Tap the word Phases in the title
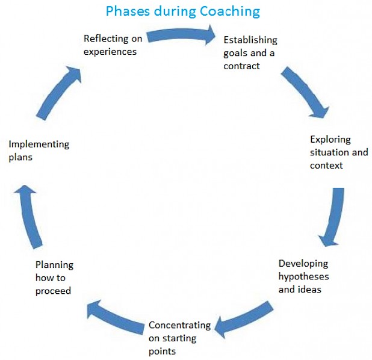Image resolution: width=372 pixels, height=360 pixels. coord(126,11)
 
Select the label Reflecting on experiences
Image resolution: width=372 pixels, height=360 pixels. coord(113,45)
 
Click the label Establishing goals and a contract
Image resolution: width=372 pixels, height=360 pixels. coord(250,53)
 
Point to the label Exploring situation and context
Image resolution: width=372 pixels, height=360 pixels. coord(338,152)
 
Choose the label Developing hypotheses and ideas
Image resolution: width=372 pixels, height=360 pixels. coord(303,276)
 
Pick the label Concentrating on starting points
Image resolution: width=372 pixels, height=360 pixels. coord(179,338)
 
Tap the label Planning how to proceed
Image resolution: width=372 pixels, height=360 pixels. coord(54,278)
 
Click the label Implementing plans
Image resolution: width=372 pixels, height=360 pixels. coord(39,151)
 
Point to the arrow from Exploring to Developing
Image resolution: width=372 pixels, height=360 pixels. coord(334,217)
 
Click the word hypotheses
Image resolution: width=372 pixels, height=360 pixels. coord(303,276)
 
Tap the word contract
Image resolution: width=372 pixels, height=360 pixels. coord(241,66)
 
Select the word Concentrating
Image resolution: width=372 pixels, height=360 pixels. coord(179,325)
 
